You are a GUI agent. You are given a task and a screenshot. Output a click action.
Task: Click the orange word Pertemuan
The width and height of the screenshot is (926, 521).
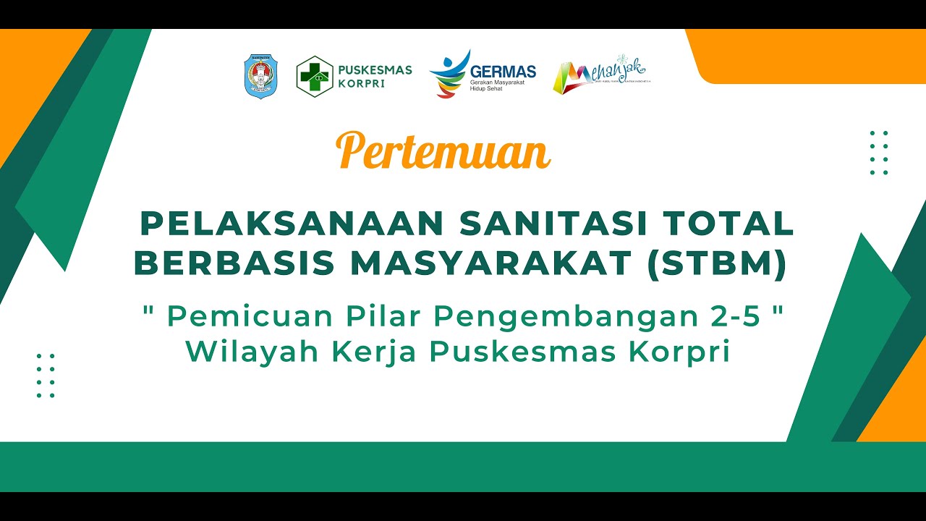[x=443, y=151]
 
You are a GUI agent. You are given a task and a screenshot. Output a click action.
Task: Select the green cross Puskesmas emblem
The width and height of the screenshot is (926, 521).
[x=315, y=76]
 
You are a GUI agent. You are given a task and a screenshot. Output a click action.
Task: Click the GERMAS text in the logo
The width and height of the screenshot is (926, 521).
[x=503, y=71]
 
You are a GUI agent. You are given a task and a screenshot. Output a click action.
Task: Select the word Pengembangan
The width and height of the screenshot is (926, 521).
[x=551, y=316]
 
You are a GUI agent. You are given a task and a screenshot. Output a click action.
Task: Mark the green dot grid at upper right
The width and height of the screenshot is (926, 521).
[x=879, y=153]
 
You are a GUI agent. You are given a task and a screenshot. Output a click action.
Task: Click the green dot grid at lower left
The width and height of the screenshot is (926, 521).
[x=46, y=376]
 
